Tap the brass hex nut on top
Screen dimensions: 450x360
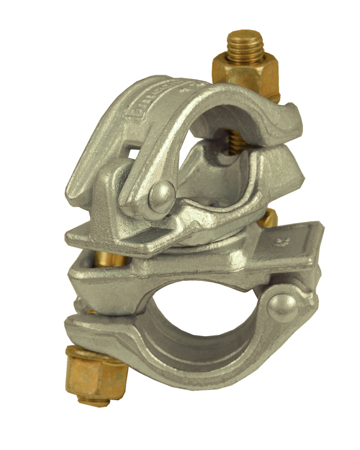point(246,74)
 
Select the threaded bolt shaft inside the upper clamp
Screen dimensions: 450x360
point(230,144)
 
